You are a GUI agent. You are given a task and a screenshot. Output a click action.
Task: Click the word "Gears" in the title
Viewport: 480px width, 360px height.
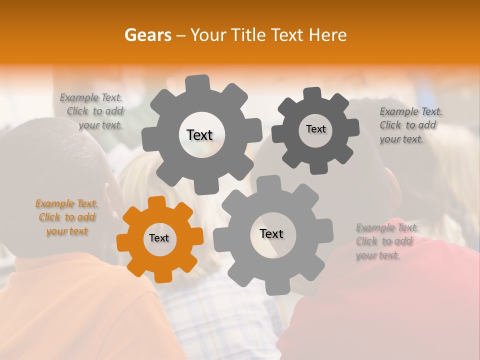[147, 35]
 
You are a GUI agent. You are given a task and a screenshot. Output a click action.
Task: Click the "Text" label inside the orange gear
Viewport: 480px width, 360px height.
[159, 238]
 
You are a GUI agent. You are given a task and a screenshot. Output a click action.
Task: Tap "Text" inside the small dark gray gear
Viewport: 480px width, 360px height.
[315, 129]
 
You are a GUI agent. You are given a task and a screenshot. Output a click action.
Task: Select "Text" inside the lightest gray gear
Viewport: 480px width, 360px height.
[271, 234]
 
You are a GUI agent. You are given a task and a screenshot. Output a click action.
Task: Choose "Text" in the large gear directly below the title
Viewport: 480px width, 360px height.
[199, 135]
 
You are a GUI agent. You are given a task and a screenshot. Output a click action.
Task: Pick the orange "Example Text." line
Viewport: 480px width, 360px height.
[67, 203]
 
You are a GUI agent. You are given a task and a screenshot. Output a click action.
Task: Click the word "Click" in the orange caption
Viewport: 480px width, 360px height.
[49, 217]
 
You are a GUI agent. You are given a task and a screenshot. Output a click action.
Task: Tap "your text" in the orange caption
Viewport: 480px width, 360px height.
[67, 231]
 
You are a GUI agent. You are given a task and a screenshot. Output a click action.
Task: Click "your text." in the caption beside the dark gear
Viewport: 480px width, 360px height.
[401, 139]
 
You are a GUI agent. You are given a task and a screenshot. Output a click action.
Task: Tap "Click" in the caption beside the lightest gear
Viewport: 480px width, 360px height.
[366, 241]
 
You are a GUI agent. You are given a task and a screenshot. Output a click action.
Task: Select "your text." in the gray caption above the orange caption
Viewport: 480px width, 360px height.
[100, 125]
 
